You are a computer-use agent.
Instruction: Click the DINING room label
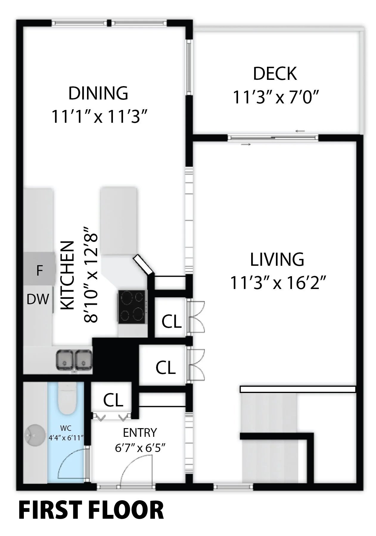click(x=98, y=93)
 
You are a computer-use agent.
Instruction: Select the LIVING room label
click(x=277, y=259)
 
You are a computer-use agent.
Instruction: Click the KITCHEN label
click(x=67, y=275)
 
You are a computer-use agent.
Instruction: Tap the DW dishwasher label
click(x=38, y=299)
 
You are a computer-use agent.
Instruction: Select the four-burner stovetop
click(x=132, y=307)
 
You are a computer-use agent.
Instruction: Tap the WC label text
click(x=66, y=428)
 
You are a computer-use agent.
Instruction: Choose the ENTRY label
click(x=140, y=433)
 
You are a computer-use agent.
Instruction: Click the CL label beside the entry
click(x=113, y=400)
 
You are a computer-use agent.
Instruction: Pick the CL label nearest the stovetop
click(x=172, y=321)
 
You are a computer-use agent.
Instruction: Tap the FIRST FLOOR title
click(x=91, y=510)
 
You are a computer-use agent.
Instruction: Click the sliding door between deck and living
click(x=273, y=138)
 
